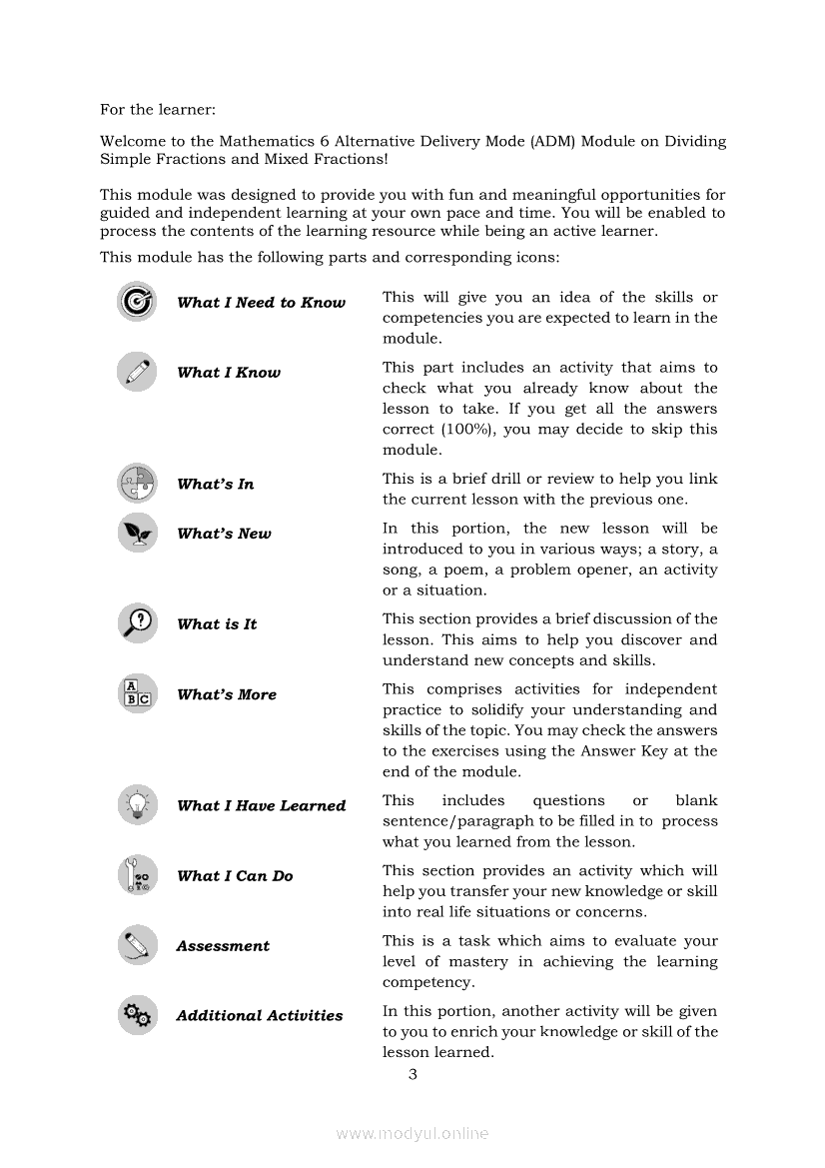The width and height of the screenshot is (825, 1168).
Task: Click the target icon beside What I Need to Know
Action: click(x=136, y=302)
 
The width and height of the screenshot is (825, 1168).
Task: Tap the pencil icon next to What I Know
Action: click(x=136, y=372)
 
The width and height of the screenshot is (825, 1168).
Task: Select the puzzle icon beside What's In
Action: click(x=136, y=484)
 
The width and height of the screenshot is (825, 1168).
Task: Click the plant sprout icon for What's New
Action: click(x=136, y=533)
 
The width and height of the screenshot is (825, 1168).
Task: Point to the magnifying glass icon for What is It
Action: click(x=136, y=623)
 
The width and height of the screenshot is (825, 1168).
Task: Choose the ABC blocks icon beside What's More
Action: click(x=136, y=694)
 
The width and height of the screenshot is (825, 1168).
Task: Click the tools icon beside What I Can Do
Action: click(x=136, y=875)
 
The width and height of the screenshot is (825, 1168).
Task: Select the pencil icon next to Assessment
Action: click(x=136, y=945)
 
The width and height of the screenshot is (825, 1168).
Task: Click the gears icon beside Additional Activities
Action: click(x=136, y=1015)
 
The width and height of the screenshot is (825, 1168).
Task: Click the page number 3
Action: click(x=412, y=1074)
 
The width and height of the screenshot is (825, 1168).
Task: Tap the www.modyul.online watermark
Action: click(x=412, y=1133)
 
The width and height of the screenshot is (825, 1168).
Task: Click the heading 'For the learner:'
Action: click(x=158, y=109)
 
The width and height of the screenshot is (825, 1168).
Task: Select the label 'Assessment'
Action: click(x=223, y=946)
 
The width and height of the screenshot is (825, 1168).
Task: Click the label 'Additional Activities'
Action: click(x=259, y=1016)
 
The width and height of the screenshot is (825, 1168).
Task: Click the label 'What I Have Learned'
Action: click(x=261, y=806)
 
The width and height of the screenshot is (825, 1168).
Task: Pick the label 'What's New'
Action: click(x=224, y=534)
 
